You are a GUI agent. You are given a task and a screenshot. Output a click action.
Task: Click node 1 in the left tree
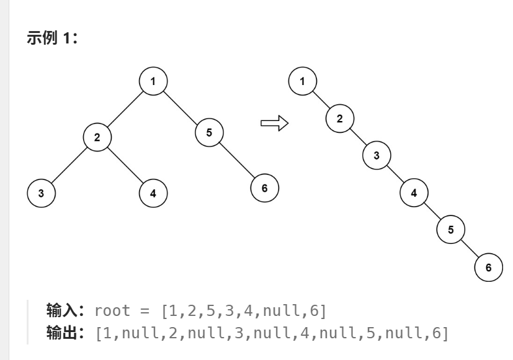tap(153, 81)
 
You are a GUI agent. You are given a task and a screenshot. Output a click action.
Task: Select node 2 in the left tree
tap(97, 137)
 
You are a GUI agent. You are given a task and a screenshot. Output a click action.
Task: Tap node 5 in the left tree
tap(209, 131)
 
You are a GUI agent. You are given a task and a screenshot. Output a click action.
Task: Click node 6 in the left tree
tap(265, 187)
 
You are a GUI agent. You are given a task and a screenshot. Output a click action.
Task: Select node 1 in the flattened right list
tap(302, 81)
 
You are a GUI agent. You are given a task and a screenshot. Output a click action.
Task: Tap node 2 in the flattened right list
tap(339, 118)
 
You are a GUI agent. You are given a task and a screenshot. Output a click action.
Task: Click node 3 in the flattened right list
tap(377, 155)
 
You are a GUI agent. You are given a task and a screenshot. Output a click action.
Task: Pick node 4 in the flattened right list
tap(414, 192)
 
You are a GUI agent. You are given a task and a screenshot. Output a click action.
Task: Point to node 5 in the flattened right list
tap(451, 230)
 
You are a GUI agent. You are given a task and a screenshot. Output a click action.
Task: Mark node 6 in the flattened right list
tap(488, 267)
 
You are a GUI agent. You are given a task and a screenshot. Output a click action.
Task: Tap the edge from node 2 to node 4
tap(125, 164)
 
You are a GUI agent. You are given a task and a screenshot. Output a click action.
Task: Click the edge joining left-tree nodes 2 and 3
tap(69, 164)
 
